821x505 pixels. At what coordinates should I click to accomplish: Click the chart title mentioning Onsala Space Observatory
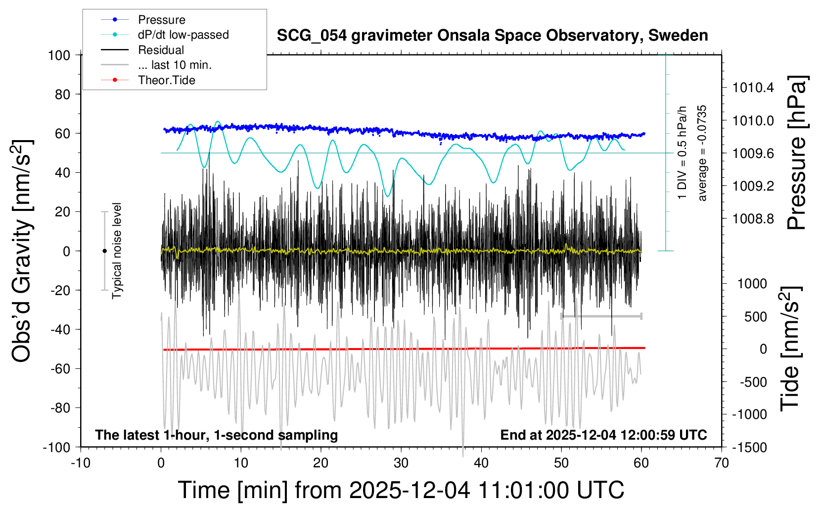pyautogui.click(x=492, y=36)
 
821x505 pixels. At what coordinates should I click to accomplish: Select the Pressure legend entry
pyautogui.click(x=161, y=20)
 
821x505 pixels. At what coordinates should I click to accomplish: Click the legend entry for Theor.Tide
pyautogui.click(x=166, y=80)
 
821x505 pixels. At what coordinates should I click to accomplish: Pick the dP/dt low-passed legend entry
pyautogui.click(x=183, y=35)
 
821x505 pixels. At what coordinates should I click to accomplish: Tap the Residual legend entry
pyautogui.click(x=161, y=50)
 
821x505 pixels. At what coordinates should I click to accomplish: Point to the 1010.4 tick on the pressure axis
pyautogui.click(x=753, y=88)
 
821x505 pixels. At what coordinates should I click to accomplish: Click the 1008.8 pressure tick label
pyautogui.click(x=753, y=219)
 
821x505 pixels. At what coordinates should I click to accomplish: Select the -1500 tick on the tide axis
pyautogui.click(x=749, y=447)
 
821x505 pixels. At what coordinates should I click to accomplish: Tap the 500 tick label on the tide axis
pyautogui.click(x=755, y=317)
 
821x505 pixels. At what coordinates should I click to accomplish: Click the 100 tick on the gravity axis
pyautogui.click(x=59, y=55)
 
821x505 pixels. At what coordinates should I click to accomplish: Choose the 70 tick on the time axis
pyautogui.click(x=722, y=463)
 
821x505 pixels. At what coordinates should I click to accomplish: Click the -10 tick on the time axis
pyautogui.click(x=81, y=463)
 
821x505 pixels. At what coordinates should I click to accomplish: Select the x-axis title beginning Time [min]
pyautogui.click(x=401, y=490)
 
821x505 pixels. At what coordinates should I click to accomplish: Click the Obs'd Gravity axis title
pyautogui.click(x=22, y=251)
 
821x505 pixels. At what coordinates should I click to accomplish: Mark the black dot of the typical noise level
pyautogui.click(x=104, y=251)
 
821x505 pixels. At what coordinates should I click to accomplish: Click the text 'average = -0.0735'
pyautogui.click(x=702, y=153)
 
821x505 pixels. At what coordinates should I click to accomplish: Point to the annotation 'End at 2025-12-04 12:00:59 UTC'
pyautogui.click(x=603, y=435)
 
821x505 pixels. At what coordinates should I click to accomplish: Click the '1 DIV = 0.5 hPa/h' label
pyautogui.click(x=682, y=153)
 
